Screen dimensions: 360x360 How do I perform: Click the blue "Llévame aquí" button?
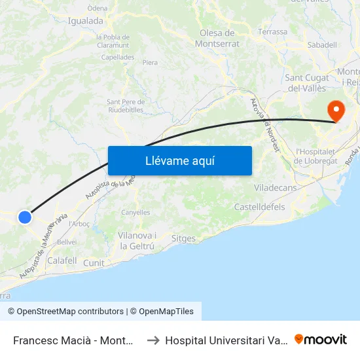click(x=180, y=160)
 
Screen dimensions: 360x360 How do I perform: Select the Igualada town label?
click(x=86, y=21)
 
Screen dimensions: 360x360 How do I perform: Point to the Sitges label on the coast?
click(x=183, y=238)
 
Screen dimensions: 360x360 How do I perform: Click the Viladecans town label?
click(x=274, y=188)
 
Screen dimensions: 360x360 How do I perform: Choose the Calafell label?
click(x=62, y=260)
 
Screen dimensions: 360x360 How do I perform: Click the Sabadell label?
click(x=322, y=45)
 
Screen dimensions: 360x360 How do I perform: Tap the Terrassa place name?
click(x=272, y=31)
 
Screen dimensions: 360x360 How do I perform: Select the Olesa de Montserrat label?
click(x=217, y=39)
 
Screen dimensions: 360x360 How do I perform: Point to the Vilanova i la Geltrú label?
click(x=137, y=241)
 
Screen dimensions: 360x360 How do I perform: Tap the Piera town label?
click(x=150, y=63)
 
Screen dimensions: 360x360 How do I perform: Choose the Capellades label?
click(x=118, y=57)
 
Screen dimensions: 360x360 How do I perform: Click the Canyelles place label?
click(x=135, y=212)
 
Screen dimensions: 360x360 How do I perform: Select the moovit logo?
click(x=321, y=340)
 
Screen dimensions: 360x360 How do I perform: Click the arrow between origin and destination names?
click(x=153, y=340)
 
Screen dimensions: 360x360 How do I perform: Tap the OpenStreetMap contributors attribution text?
click(x=66, y=312)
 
